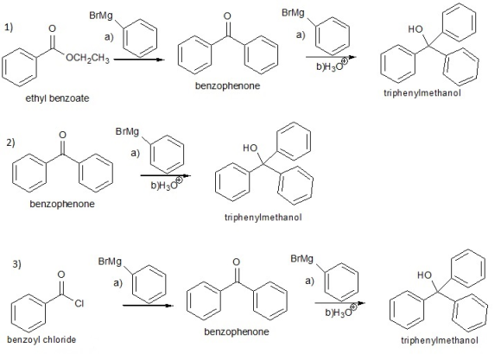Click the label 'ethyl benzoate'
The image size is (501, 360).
point(57,98)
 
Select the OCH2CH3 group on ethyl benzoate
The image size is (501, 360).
point(87,59)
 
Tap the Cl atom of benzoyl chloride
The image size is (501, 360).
point(79,303)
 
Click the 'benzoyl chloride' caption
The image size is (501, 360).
point(41,339)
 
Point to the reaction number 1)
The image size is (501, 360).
point(9,28)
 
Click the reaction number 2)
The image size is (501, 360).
point(10,142)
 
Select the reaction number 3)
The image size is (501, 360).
point(17,264)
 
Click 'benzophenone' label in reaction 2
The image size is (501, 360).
point(62,204)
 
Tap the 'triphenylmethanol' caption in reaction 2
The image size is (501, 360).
point(263,218)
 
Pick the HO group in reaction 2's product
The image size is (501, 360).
point(250,148)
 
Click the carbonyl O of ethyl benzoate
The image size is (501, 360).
point(52,28)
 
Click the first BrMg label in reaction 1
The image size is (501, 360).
point(100,16)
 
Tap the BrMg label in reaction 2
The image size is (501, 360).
point(127,131)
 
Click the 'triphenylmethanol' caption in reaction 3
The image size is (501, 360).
point(440,340)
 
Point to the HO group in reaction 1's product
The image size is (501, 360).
point(415,29)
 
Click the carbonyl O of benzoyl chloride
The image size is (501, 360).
point(61,275)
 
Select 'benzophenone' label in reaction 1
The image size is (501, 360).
point(227,85)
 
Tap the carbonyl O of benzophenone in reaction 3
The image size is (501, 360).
point(236,262)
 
